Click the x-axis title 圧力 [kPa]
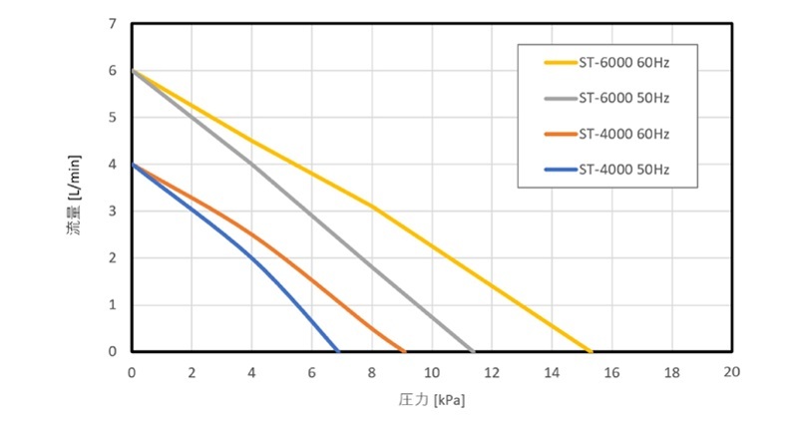tap(431, 401)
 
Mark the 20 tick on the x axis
tap(731, 371)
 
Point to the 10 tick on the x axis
tap(432, 371)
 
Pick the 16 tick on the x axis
tap(611, 371)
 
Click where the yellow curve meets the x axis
tap(591, 351)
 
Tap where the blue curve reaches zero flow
tap(338, 351)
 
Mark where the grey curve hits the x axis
tap(473, 351)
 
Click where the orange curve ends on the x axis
tap(404, 351)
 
